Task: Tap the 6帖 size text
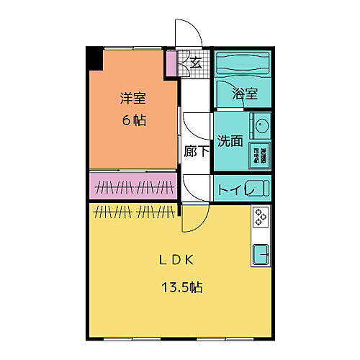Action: [x=132, y=120]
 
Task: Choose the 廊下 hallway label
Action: [x=195, y=151]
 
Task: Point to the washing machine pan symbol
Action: [x=259, y=154]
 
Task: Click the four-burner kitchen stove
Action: [x=259, y=215]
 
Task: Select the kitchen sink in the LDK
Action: [x=259, y=253]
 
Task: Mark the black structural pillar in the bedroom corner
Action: [x=94, y=58]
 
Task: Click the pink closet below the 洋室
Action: [x=133, y=186]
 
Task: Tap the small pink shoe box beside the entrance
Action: [x=171, y=64]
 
